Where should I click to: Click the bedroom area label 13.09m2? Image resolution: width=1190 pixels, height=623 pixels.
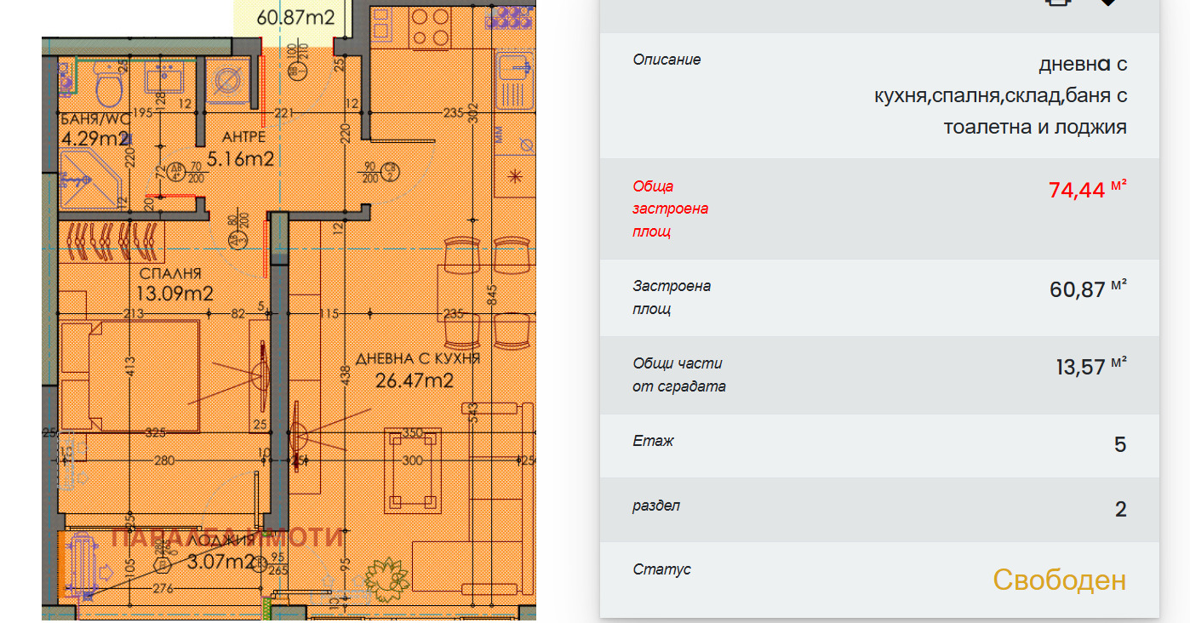click(174, 294)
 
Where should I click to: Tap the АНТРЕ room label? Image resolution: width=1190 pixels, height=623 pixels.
click(243, 137)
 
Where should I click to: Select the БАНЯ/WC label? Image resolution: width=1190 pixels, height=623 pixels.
click(94, 118)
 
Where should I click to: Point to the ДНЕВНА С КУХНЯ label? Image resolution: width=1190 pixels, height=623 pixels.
click(418, 358)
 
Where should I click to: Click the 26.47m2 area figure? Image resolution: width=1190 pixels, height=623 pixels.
click(415, 380)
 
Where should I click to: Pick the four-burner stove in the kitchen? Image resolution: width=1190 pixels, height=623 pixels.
click(429, 27)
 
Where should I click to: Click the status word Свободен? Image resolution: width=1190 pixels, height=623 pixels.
click(1059, 580)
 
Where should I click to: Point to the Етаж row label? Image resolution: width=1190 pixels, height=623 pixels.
click(654, 442)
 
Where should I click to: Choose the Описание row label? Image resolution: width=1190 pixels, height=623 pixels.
click(667, 60)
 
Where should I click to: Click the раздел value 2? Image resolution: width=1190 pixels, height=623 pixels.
click(1120, 510)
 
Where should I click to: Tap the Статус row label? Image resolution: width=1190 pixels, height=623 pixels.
click(661, 569)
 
